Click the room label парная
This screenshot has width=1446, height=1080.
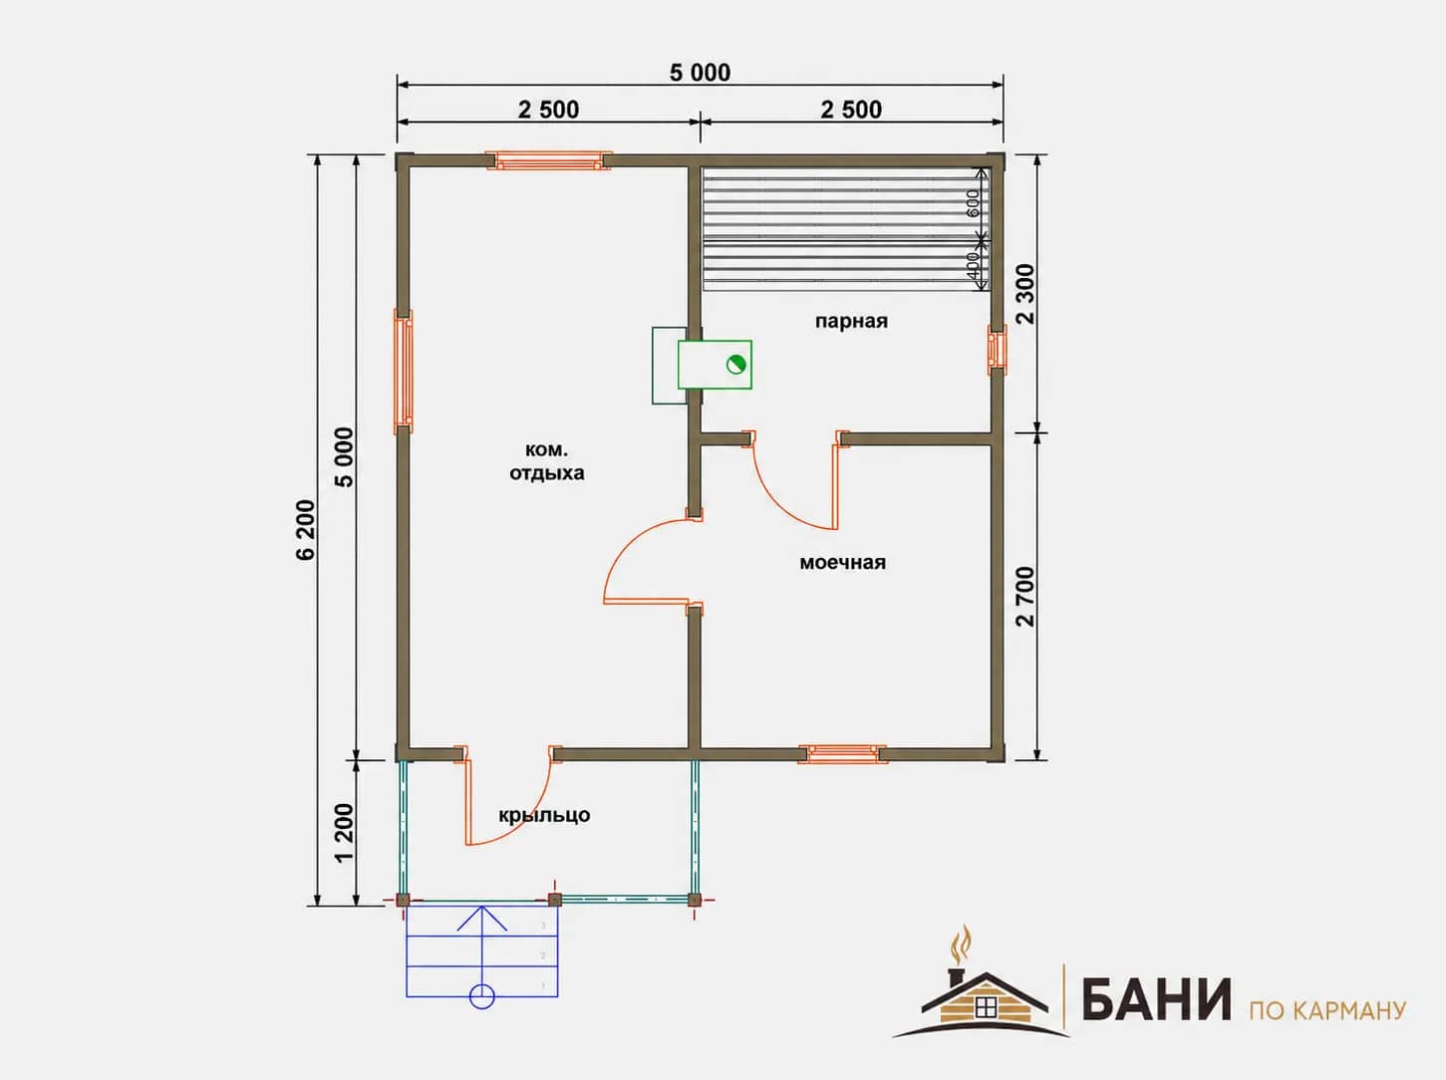pyautogui.click(x=851, y=322)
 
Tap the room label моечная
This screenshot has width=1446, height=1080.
pyautogui.click(x=842, y=562)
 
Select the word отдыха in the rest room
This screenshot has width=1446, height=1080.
pyautogui.click(x=547, y=474)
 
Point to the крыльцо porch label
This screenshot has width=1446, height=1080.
pyautogui.click(x=544, y=815)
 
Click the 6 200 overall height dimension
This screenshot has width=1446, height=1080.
pyautogui.click(x=306, y=530)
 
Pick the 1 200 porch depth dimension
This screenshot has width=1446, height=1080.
pyautogui.click(x=345, y=832)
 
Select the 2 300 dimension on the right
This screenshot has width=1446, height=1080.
pyautogui.click(x=1025, y=294)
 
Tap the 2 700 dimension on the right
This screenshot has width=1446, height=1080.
pyautogui.click(x=1025, y=597)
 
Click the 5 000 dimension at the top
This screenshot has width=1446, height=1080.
pyautogui.click(x=700, y=73)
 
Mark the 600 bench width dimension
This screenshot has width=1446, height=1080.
pyautogui.click(x=973, y=203)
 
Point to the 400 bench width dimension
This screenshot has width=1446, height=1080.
pyautogui.click(x=973, y=265)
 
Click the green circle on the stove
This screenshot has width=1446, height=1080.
pyautogui.click(x=735, y=365)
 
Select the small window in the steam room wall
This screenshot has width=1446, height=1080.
pyautogui.click(x=998, y=350)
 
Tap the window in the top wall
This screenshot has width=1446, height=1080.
pyautogui.click(x=549, y=160)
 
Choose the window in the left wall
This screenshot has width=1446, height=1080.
pyautogui.click(x=404, y=372)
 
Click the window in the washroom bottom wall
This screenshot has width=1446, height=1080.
pyautogui.click(x=842, y=753)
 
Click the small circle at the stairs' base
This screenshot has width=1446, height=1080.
pyautogui.click(x=481, y=996)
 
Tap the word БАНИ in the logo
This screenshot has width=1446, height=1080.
pyautogui.click(x=1156, y=999)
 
